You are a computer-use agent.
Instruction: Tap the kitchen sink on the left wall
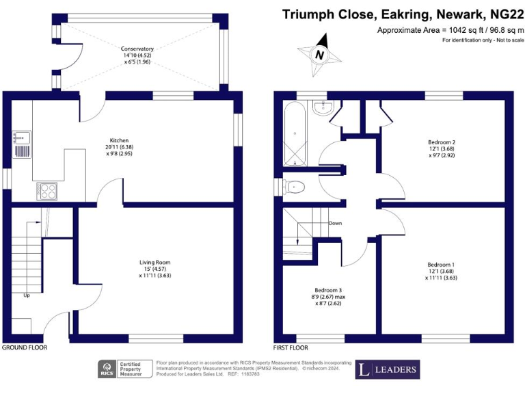(x=19, y=138)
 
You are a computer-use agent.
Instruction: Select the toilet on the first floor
(x=295, y=185)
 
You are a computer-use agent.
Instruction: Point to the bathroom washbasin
(x=322, y=107)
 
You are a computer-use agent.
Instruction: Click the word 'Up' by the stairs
(x=27, y=296)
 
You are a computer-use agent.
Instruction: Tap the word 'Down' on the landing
(x=335, y=223)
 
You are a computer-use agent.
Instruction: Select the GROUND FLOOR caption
(x=24, y=347)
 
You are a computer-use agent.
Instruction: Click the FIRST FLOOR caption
(x=291, y=347)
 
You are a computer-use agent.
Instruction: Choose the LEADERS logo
(x=386, y=370)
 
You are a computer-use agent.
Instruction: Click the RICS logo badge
(x=108, y=369)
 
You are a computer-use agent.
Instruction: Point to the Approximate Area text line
(x=449, y=31)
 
